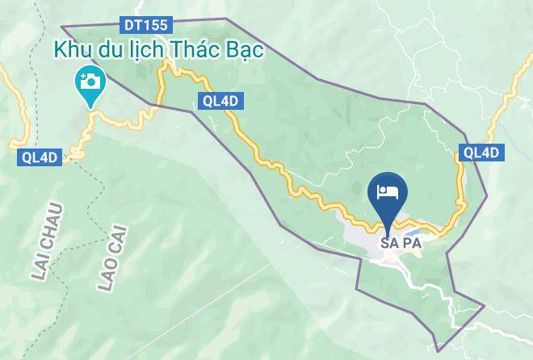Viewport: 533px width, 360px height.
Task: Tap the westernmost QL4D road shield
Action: coord(37,157)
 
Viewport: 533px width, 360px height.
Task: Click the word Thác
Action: coord(194,49)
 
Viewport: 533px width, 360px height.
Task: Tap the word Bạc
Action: coord(246,50)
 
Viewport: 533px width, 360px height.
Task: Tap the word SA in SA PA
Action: coord(389,242)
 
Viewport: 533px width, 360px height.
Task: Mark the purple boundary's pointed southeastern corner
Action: coord(484,304)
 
